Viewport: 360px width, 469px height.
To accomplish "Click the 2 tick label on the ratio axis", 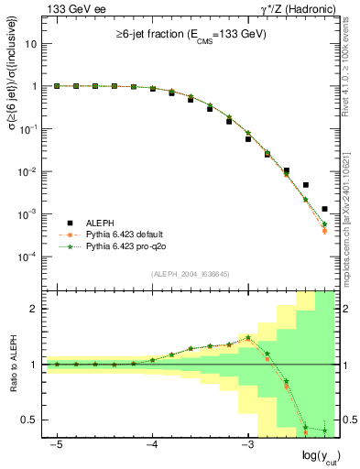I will click(x=34, y=309).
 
